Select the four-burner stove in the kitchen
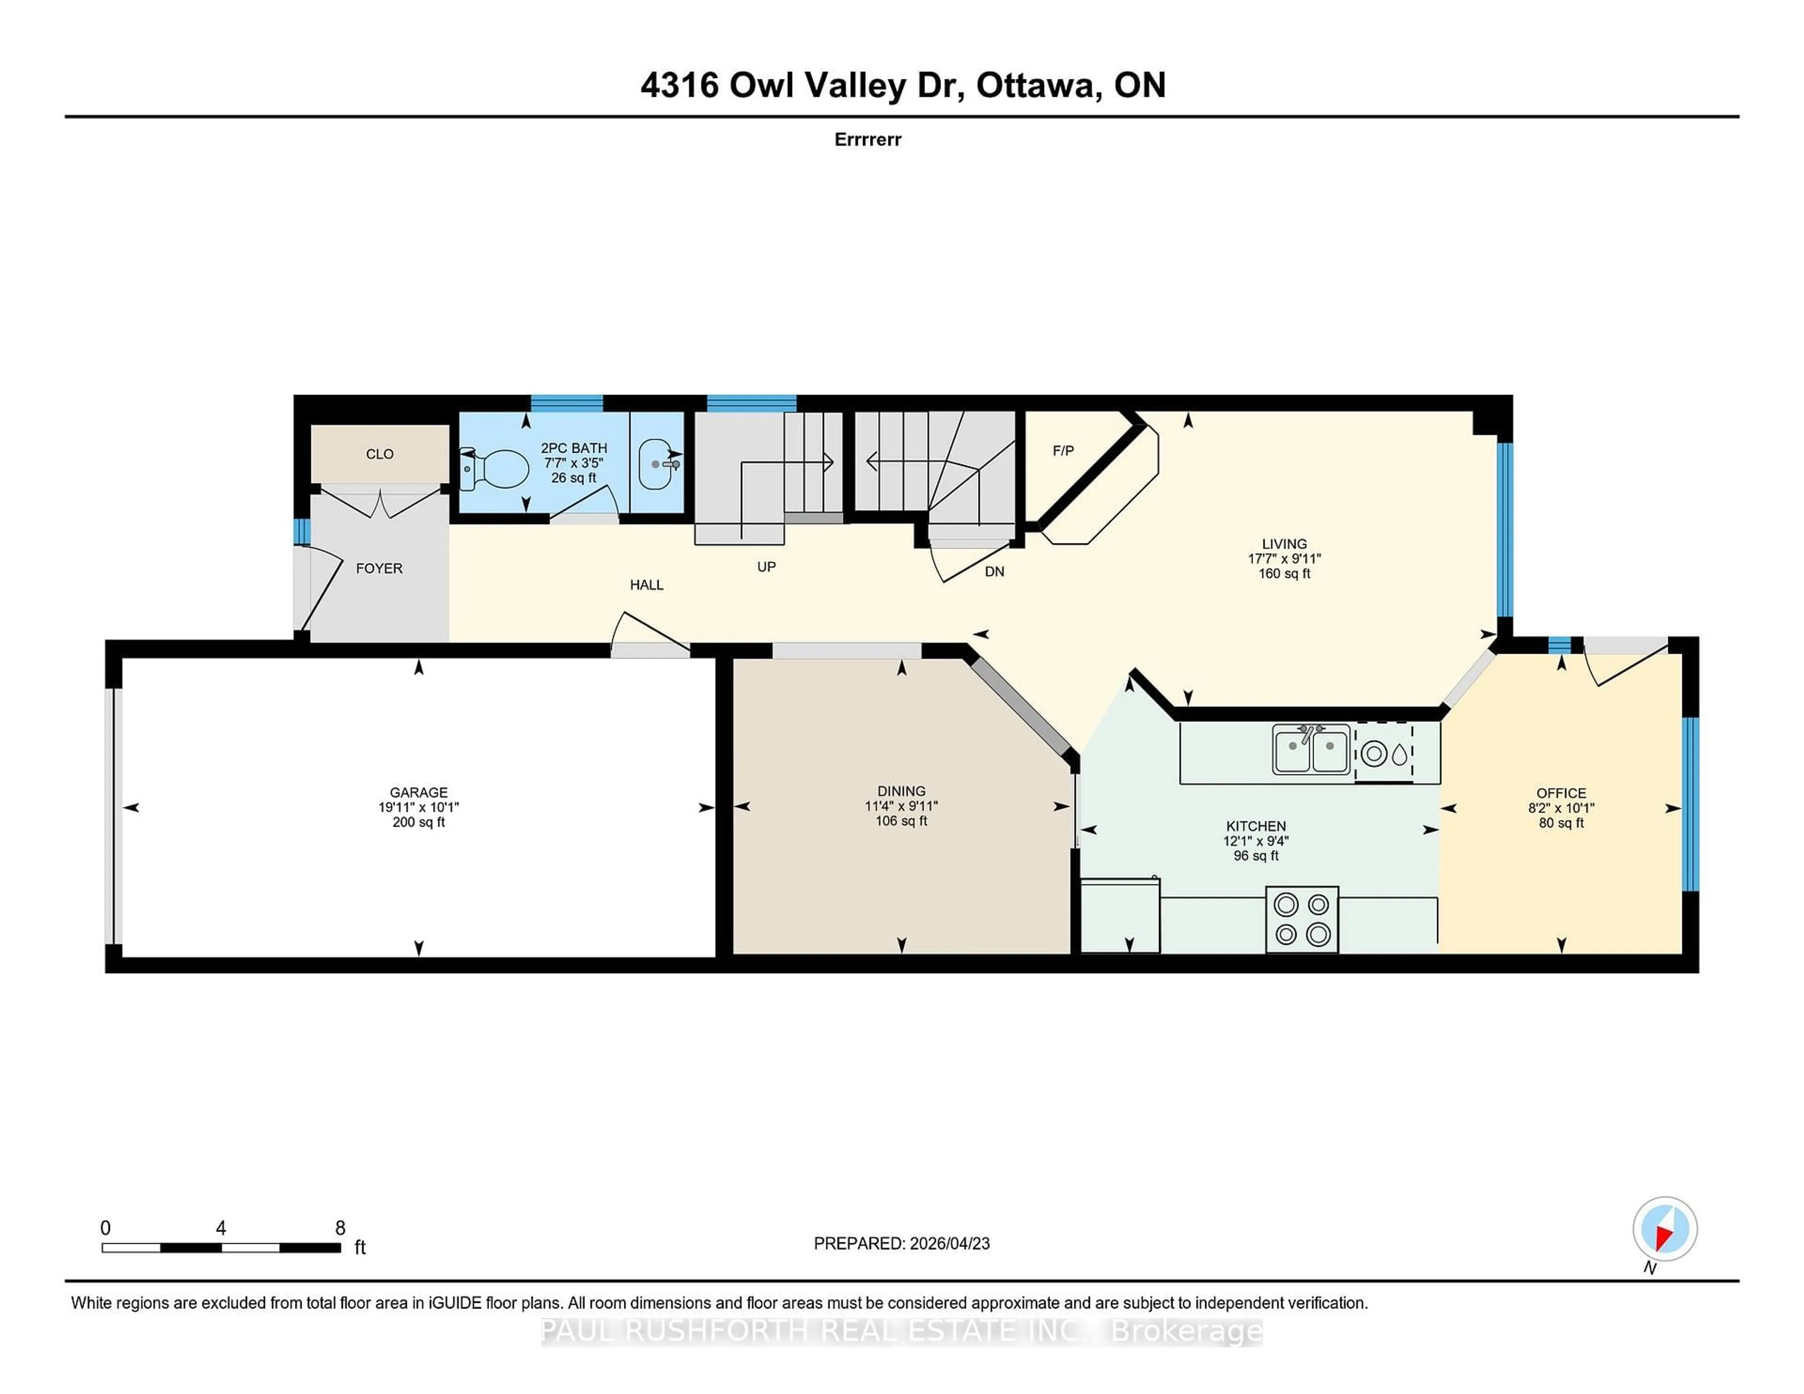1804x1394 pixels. [1302, 919]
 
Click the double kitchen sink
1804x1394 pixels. [1311, 749]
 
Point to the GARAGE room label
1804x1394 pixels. [419, 792]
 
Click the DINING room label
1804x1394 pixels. [901, 790]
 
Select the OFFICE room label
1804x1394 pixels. [1561, 793]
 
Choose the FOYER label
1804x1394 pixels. [379, 568]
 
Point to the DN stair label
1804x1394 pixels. [995, 572]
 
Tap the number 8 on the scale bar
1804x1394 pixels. [340, 1228]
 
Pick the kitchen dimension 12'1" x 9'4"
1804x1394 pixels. [1256, 841]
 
